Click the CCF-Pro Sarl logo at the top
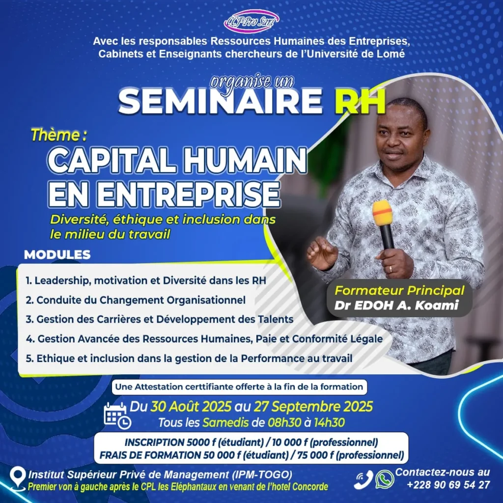pos(251,21)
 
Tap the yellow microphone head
pos(382,213)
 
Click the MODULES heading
pos(57,255)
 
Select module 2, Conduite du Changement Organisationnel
pos(136,299)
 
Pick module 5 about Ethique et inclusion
pos(189,358)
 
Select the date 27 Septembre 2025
pos(313,407)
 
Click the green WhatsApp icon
pos(385,479)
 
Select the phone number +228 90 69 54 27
pos(448,484)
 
